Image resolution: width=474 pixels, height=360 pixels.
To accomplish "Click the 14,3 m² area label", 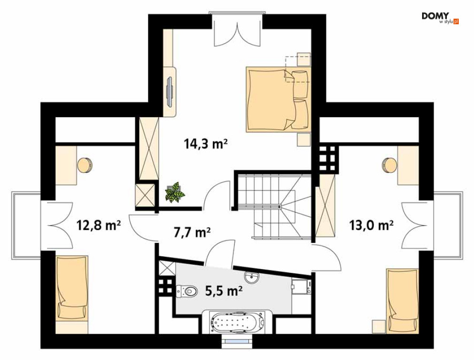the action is (x=205, y=144).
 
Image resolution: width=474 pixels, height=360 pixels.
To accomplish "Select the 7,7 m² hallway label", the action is (x=192, y=232).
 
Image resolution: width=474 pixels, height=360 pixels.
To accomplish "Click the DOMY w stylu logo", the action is (x=440, y=18).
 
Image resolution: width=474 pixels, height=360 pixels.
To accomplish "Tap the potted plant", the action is (x=175, y=192).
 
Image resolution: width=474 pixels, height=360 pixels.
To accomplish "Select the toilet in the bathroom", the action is (x=186, y=291).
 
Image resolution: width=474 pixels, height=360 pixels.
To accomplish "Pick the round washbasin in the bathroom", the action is (x=251, y=277).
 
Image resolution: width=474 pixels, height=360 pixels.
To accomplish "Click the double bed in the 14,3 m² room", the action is (x=278, y=100).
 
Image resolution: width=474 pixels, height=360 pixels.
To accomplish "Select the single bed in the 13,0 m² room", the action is (x=403, y=300).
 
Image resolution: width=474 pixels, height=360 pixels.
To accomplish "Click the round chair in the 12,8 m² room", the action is (x=85, y=166).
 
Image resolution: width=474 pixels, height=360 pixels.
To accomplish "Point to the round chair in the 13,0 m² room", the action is (x=390, y=166).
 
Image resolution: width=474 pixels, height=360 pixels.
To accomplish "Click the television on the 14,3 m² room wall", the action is (x=170, y=91).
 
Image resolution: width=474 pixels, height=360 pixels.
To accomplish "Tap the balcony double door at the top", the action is (x=237, y=30).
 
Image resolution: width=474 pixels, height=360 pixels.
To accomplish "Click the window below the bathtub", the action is (x=237, y=342).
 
